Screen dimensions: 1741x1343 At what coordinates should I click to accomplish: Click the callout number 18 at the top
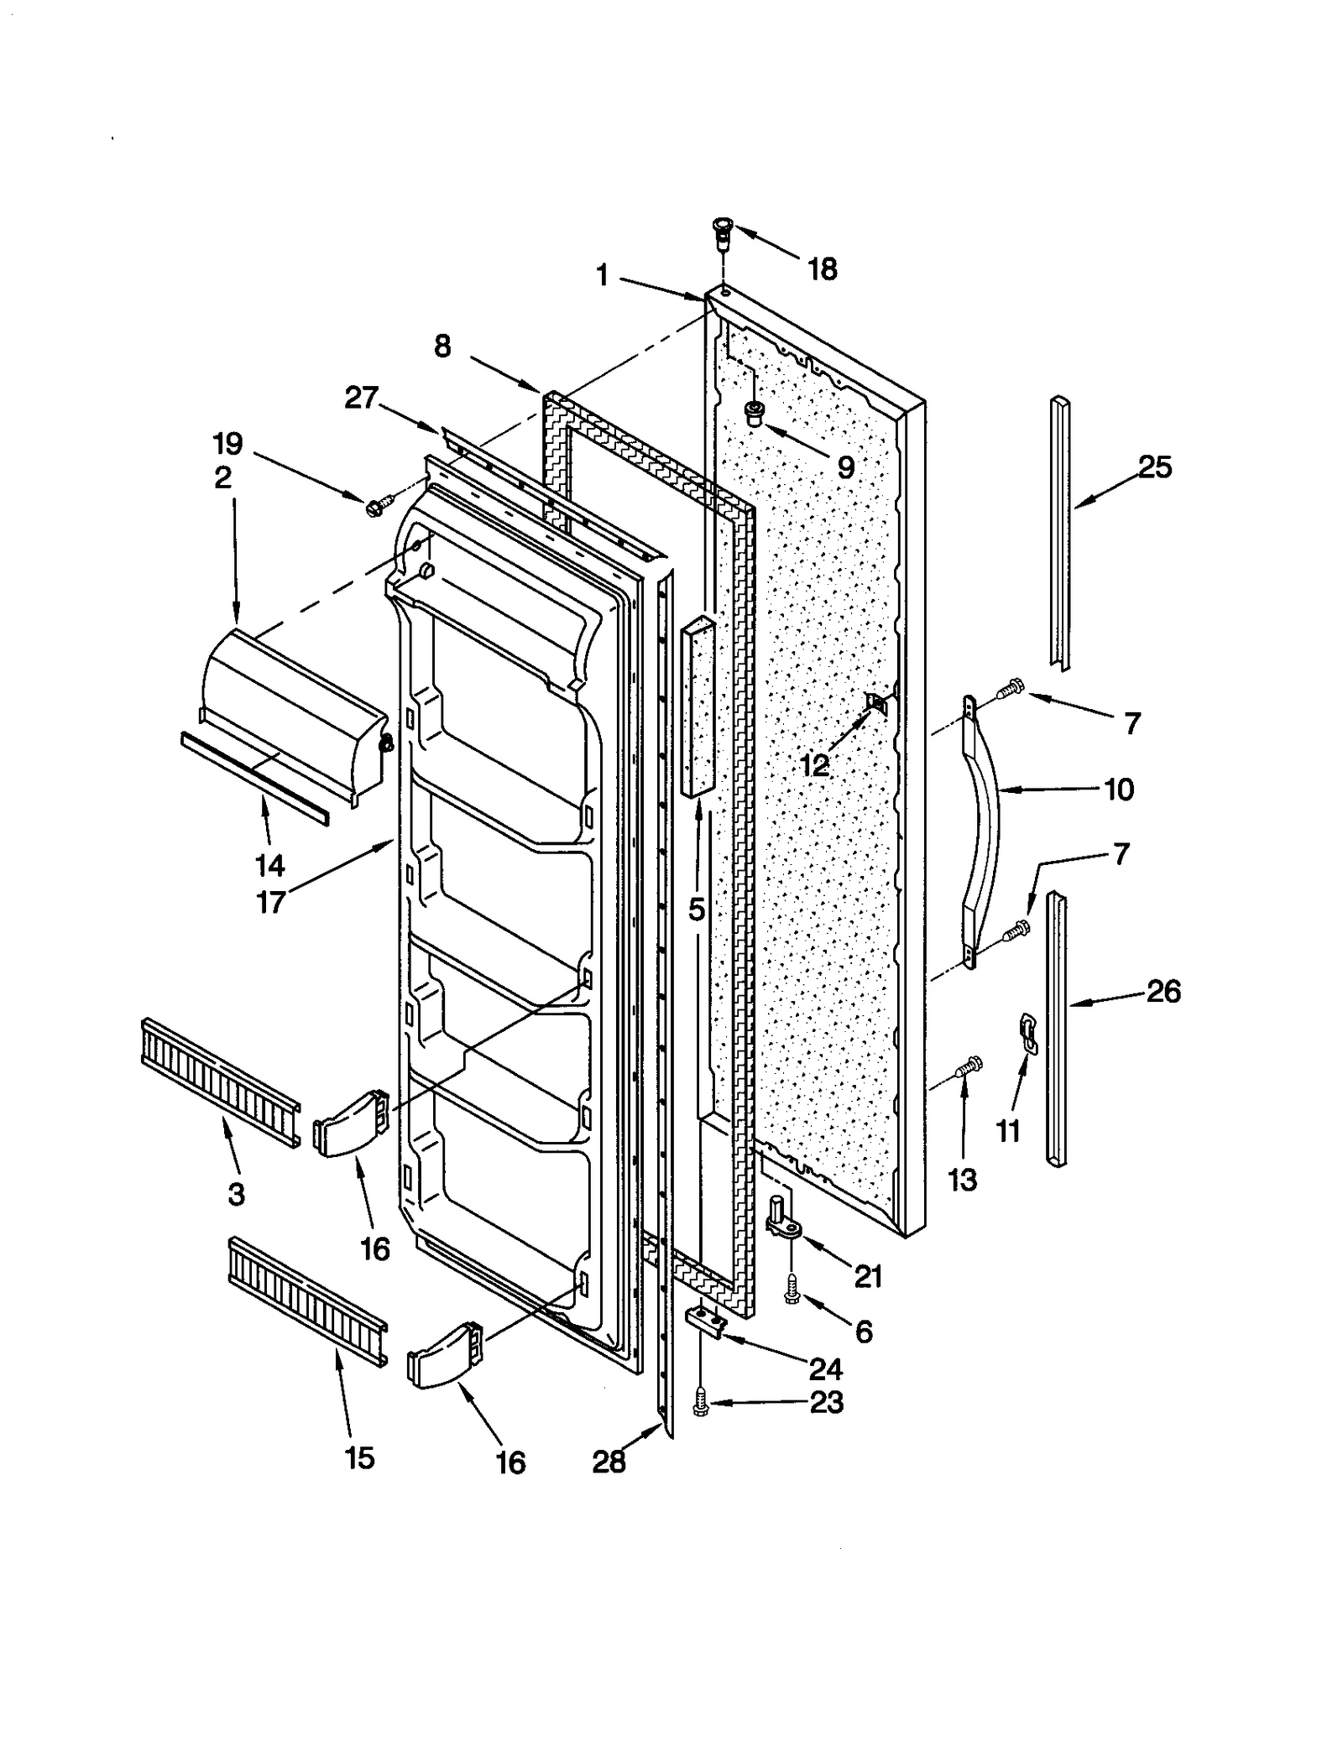click(x=822, y=269)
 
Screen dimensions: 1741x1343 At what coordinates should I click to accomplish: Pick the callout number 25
click(x=1154, y=467)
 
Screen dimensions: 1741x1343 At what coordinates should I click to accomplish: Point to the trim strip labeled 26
click(x=1057, y=1028)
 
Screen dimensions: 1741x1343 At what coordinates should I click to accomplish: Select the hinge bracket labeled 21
click(x=784, y=1223)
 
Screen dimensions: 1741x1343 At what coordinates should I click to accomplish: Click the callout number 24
click(x=825, y=1368)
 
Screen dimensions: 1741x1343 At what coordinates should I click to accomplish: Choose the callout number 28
click(x=609, y=1462)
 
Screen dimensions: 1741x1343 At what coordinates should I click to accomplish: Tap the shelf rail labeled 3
click(x=220, y=1082)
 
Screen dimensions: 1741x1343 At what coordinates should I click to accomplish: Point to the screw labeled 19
click(x=374, y=506)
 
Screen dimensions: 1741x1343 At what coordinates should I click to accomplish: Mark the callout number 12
click(x=813, y=764)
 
